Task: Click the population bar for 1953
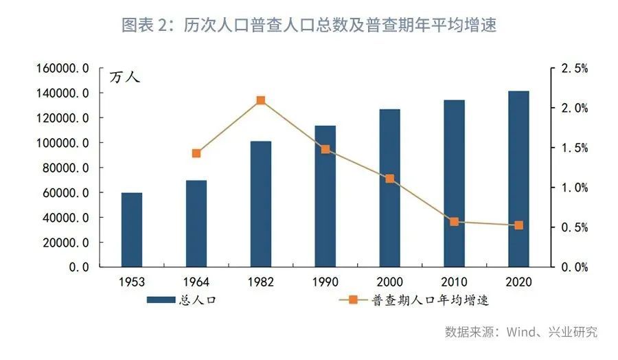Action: [132, 229]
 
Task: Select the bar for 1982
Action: [261, 204]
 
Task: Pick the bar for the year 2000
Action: [389, 188]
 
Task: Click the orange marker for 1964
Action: [196, 153]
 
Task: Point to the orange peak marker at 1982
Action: [261, 100]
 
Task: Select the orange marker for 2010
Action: [454, 222]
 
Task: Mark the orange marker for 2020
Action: [518, 225]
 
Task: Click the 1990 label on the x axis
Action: [325, 282]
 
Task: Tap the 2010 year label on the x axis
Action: [454, 282]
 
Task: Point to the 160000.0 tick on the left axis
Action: [63, 68]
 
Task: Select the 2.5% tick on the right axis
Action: [574, 69]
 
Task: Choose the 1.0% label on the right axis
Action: [574, 188]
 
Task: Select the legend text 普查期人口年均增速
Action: [430, 300]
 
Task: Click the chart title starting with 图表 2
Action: [309, 25]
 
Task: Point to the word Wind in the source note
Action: [522, 332]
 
